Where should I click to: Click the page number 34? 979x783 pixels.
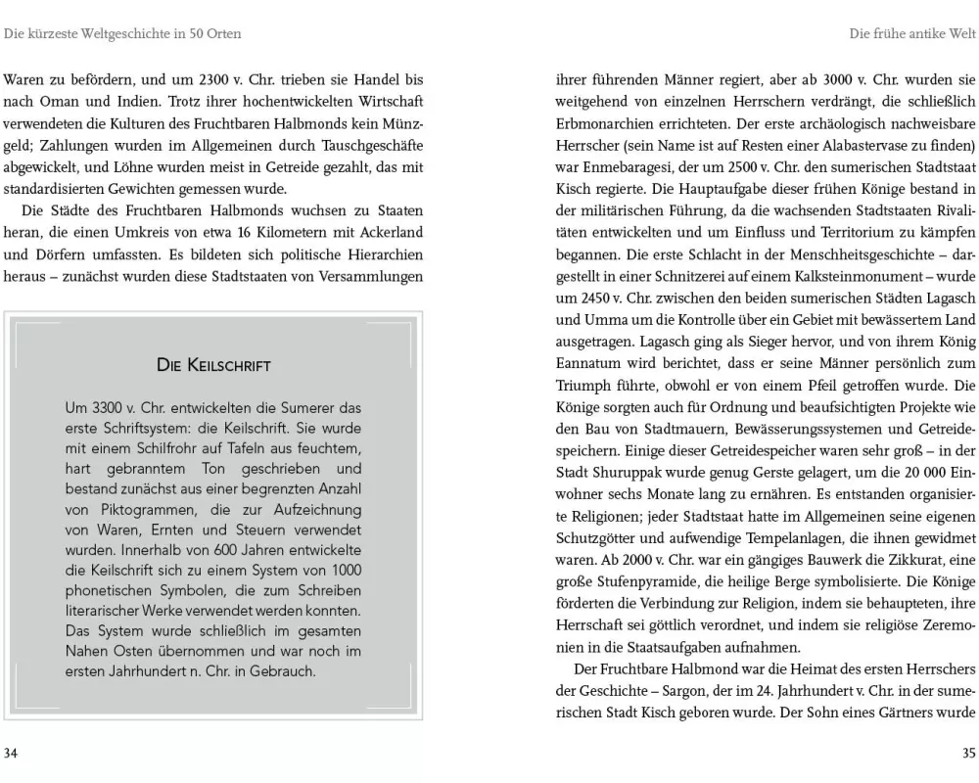(x=11, y=753)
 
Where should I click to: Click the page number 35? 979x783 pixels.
(x=967, y=753)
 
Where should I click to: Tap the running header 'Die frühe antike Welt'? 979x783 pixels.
(x=911, y=33)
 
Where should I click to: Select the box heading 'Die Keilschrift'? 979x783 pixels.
(x=213, y=365)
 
